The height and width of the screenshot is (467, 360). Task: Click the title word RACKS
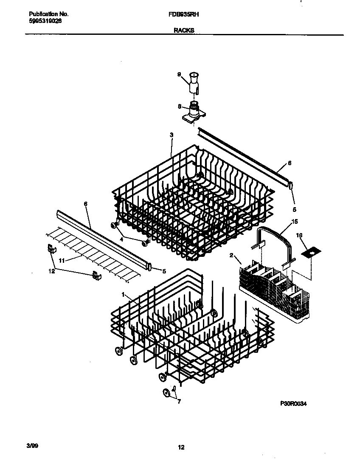point(184,30)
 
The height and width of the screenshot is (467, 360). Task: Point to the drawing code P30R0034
point(293,404)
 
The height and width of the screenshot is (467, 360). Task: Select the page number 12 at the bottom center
point(181,447)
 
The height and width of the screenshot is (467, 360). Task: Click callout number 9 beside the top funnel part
point(179,75)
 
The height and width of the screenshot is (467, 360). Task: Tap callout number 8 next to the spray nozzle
point(179,107)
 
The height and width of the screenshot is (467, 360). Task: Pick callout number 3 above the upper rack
point(171,135)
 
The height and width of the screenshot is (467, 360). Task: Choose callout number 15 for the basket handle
point(295,222)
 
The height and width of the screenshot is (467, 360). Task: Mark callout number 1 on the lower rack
point(123,294)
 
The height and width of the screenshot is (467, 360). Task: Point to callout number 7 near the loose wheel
point(179,401)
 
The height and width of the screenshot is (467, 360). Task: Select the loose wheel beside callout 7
point(167,393)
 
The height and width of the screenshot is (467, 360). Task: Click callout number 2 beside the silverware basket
point(231,255)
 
